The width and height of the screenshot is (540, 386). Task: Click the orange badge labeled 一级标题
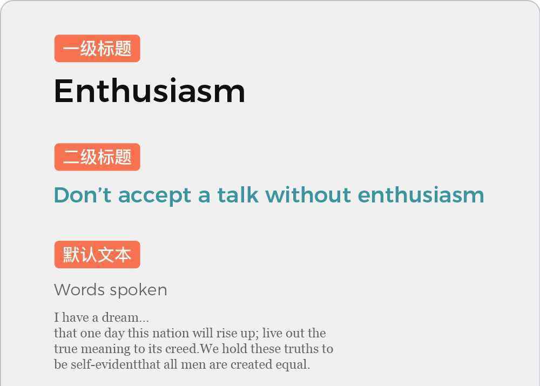point(97,49)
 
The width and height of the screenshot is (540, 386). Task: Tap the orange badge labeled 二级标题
point(97,157)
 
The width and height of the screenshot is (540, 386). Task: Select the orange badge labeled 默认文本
point(97,254)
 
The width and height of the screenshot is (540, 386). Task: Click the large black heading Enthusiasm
point(150,91)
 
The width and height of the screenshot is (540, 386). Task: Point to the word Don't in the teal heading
point(83,195)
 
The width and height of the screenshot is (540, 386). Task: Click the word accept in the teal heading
point(154,197)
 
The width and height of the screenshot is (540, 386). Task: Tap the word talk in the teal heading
point(238,195)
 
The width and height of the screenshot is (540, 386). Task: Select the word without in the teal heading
point(308,195)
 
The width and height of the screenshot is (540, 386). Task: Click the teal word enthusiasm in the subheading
point(421,195)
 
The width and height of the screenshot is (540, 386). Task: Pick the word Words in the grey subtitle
point(79,289)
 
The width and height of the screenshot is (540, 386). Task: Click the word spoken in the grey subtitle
point(138,290)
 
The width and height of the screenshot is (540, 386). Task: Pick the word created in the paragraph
point(252,364)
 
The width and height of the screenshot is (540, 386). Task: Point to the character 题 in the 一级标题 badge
point(123,49)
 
